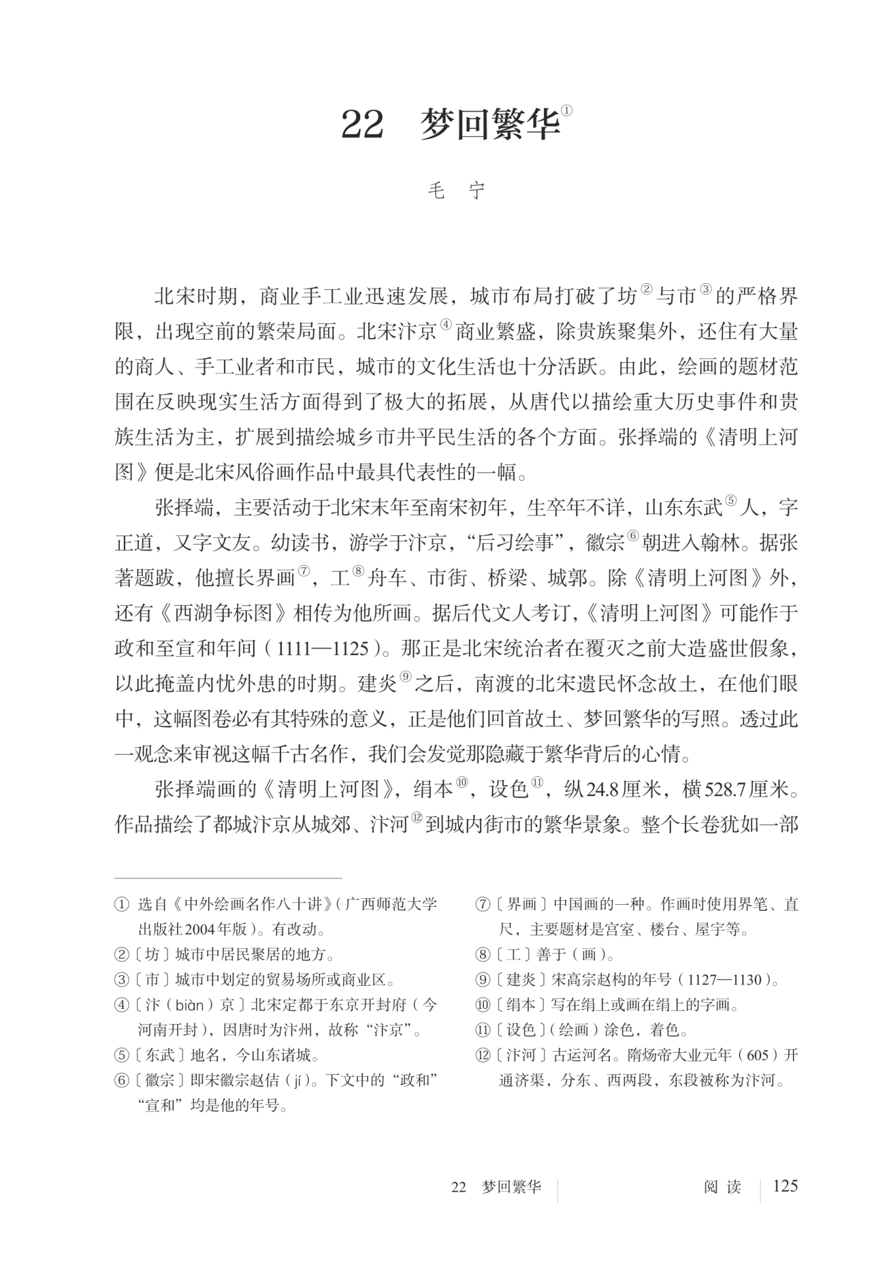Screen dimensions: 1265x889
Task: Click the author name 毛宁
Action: coord(456,191)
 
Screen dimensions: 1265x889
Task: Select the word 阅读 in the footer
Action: coord(722,1187)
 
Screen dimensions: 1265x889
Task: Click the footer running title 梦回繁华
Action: coord(511,1187)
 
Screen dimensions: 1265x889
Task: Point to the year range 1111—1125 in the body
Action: coord(323,649)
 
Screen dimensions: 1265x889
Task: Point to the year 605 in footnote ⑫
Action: coord(758,1056)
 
